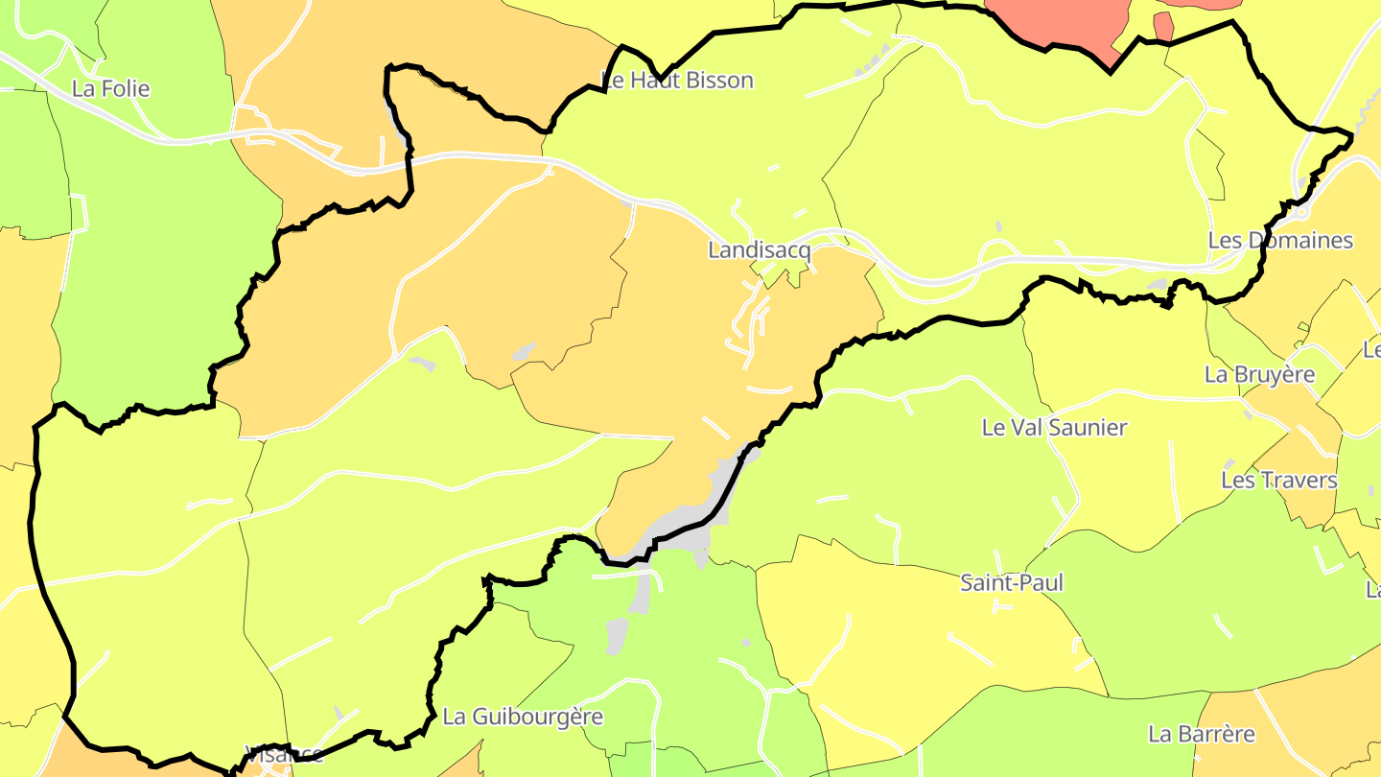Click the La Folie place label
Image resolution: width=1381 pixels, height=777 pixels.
coord(111,89)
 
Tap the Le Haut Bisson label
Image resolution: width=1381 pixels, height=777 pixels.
coord(677,81)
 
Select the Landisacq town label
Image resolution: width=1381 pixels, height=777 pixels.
coord(759,251)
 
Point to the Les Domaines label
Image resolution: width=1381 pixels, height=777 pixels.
coord(1280,240)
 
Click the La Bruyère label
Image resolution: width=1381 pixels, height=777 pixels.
coord(1259,374)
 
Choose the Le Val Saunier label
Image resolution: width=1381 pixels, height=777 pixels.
coord(1054,428)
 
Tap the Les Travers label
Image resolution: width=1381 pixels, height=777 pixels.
coord(1278,481)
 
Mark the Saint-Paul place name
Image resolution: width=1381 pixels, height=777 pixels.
coord(1012,583)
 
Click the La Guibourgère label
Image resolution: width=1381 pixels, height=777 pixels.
coord(523,717)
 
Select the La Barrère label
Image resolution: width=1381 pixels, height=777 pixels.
coord(1202,735)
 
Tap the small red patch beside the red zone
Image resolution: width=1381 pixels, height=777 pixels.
coord(1163,26)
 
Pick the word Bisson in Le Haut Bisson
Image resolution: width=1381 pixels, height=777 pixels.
coord(719,81)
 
